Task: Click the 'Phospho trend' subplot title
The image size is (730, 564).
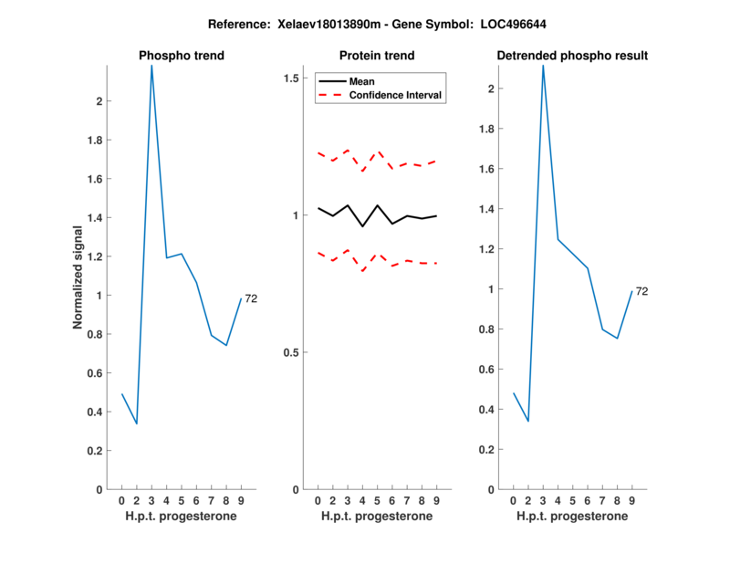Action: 181,56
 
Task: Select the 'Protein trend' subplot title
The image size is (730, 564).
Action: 377,56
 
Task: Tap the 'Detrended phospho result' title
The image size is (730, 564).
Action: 572,56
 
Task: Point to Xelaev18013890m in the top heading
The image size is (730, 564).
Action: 318,24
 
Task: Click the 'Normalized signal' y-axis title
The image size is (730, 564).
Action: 81,277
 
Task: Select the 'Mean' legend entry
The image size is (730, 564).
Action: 361,81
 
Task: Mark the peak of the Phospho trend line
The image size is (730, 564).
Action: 151,66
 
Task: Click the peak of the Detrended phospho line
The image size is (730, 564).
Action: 543,66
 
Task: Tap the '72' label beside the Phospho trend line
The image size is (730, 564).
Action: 251,299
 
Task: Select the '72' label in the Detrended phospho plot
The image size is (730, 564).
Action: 641,291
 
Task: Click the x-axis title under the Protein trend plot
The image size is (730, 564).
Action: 377,517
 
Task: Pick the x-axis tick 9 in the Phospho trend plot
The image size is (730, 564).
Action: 241,501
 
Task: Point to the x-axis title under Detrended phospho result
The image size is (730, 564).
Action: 572,517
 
